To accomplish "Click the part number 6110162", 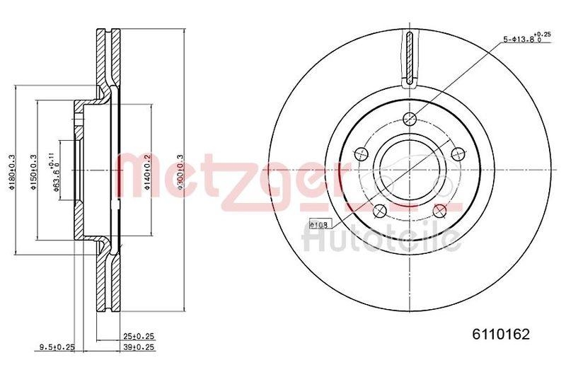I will pos(501,334).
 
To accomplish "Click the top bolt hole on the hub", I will pos(409,120).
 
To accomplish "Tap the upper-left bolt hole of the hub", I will pos(359,153).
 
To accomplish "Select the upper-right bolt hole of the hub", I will pos(457,152).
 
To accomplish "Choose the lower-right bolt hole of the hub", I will pos(439,210).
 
